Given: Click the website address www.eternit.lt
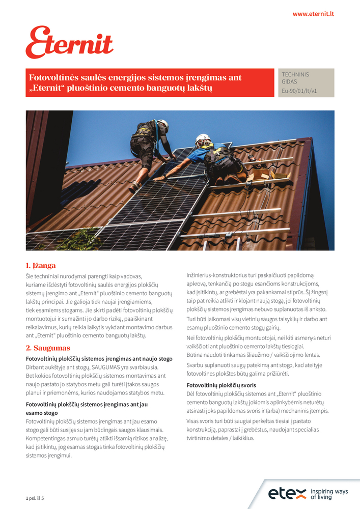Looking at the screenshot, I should (x=313, y=14).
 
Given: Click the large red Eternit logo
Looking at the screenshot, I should (x=70, y=43).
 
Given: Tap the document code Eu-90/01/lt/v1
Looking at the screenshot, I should (x=299, y=91).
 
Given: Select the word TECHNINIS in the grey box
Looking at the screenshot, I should (x=295, y=75).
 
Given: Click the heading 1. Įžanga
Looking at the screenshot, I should (x=41, y=266).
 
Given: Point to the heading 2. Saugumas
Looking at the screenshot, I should (x=48, y=348).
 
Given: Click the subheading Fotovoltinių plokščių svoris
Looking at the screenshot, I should (x=221, y=385).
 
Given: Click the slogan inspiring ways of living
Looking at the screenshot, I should (x=329, y=494).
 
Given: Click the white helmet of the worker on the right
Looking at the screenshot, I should (x=203, y=138).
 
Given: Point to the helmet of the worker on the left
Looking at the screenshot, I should (x=163, y=124).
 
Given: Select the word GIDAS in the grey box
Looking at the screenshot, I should (x=289, y=81).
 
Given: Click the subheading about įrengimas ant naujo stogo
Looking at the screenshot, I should (x=99, y=359).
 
